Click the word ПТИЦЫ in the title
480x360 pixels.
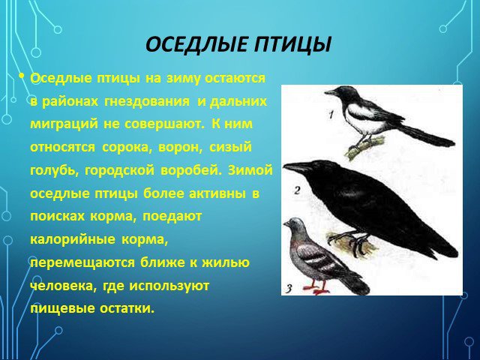(x=292, y=45)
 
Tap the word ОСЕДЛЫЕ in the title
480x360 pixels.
(x=196, y=45)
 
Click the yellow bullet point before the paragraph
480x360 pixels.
(x=21, y=76)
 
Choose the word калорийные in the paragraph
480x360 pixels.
(x=73, y=239)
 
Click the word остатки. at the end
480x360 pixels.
(x=126, y=308)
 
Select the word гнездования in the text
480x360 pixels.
(x=147, y=102)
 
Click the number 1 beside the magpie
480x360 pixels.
(x=331, y=115)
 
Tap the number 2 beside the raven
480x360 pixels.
(x=297, y=190)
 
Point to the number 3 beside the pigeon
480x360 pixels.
(x=289, y=288)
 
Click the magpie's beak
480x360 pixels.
(x=330, y=92)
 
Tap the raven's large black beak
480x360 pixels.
(x=296, y=167)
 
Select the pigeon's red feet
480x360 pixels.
(x=316, y=289)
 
